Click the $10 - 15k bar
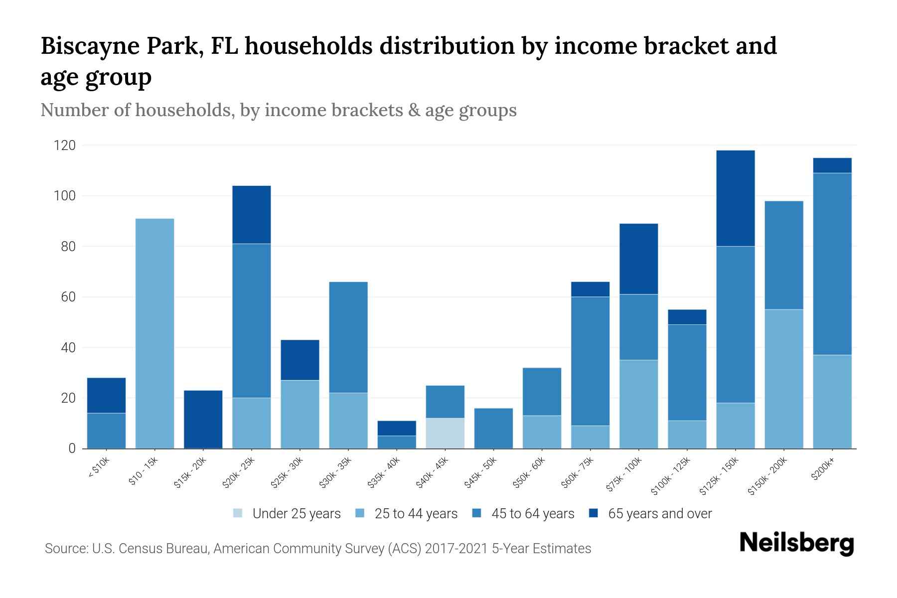click(x=154, y=333)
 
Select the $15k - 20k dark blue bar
click(x=203, y=419)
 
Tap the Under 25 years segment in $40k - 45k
click(x=445, y=433)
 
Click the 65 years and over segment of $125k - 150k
click(x=735, y=198)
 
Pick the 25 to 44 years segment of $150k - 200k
click(x=783, y=379)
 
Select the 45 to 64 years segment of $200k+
click(x=832, y=264)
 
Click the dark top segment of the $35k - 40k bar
click(x=397, y=428)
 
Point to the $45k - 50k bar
click(x=493, y=428)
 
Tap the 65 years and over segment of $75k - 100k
click(x=638, y=259)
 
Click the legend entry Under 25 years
click(x=296, y=514)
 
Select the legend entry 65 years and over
click(x=659, y=514)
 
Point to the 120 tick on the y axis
click(x=65, y=146)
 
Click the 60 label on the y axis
click(x=69, y=297)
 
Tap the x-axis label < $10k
click(x=99, y=469)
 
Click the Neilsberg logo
click(x=796, y=543)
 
